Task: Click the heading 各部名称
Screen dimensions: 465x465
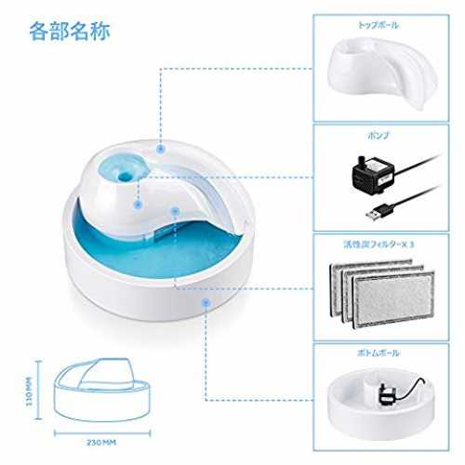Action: [70, 32]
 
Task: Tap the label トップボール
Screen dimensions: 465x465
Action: [379, 25]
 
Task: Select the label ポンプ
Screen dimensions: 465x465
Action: [379, 136]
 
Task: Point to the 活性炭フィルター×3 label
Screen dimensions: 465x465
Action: [379, 245]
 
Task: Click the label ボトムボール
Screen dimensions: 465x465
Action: [379, 353]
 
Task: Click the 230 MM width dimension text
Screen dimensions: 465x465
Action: [101, 443]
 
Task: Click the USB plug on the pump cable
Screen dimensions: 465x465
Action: [378, 213]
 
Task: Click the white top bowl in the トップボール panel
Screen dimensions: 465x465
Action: [383, 71]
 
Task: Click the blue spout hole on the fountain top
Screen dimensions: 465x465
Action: [125, 176]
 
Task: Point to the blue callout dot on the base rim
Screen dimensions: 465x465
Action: [206, 303]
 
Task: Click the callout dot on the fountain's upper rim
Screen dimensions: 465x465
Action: [160, 149]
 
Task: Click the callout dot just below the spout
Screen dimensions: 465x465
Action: [138, 205]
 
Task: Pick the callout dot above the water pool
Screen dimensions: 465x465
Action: [176, 211]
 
